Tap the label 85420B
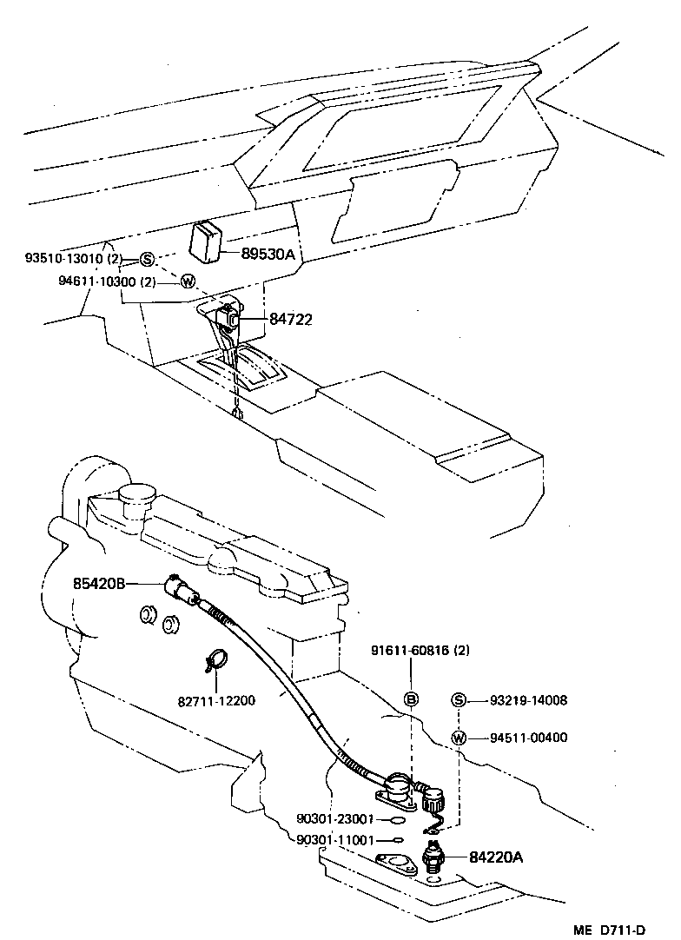coord(100,584)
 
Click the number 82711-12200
coord(217,700)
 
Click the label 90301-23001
coord(334,818)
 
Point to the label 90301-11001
coord(334,840)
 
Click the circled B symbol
coord(413,699)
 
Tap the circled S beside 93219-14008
coord(460,700)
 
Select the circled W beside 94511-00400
coord(460,738)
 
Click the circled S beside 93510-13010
coord(146,259)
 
